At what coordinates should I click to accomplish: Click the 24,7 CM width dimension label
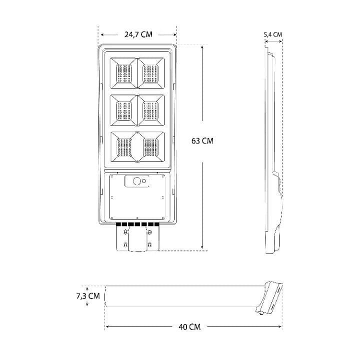[138, 34]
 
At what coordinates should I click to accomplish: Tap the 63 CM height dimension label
[202, 140]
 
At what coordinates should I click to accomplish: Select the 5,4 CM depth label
[273, 34]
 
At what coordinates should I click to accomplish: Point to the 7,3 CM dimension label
[88, 296]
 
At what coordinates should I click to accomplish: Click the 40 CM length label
[189, 327]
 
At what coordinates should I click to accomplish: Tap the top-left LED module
[123, 73]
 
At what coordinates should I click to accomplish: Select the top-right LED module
[151, 73]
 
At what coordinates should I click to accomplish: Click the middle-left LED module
[123, 110]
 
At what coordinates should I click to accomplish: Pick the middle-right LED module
[151, 110]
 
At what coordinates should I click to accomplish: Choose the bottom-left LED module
[123, 147]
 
